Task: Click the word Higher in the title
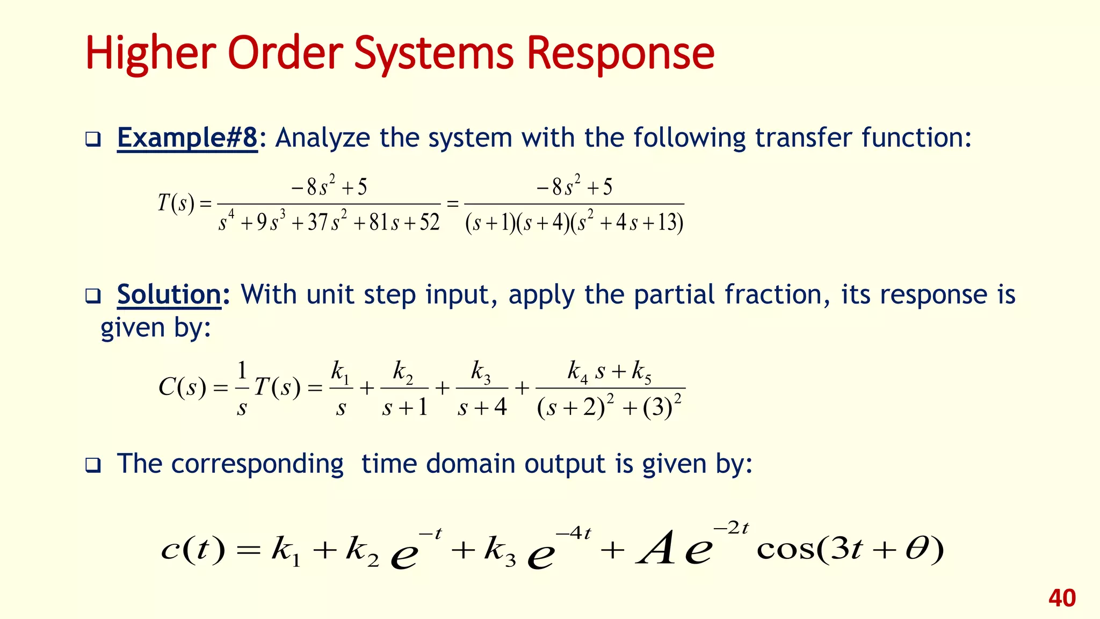[x=151, y=54]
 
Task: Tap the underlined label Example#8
[x=187, y=138]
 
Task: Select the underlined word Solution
[x=169, y=294]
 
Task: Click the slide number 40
[x=1062, y=598]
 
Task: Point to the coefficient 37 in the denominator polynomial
[x=319, y=222]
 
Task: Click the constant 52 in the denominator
[x=429, y=222]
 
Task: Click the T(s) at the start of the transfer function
[x=176, y=204]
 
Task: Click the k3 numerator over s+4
[x=481, y=371]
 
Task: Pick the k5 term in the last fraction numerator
[x=642, y=371]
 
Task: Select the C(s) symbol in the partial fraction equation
[x=182, y=387]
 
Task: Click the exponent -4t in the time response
[x=573, y=533]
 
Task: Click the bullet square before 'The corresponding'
[x=93, y=465]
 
